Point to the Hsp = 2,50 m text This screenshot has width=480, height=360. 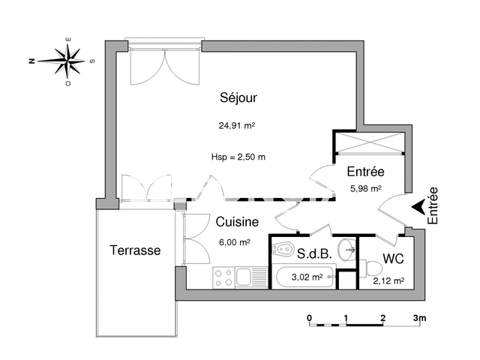click(x=238, y=157)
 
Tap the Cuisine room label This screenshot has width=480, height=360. click(x=237, y=222)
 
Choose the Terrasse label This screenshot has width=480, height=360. click(x=135, y=250)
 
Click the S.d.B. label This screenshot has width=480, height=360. click(x=313, y=253)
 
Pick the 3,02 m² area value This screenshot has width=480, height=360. click(x=307, y=277)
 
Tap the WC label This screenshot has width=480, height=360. click(x=394, y=259)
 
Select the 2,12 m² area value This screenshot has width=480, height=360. click(x=389, y=281)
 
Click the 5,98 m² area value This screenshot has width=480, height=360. click(x=366, y=189)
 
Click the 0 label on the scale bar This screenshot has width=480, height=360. click(x=309, y=318)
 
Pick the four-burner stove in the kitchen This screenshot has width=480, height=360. click(x=223, y=277)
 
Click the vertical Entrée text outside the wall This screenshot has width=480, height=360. click(x=433, y=205)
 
